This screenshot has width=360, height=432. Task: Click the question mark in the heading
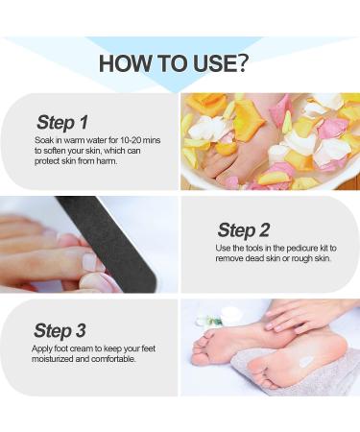tap(241, 63)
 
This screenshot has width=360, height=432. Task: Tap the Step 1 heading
tap(62, 123)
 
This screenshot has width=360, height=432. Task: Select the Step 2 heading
tap(244, 230)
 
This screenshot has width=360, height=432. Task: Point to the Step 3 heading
tap(60, 330)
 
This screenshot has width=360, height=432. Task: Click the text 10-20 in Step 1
tap(131, 140)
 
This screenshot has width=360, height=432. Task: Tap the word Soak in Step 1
tap(43, 140)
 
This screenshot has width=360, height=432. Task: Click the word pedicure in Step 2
tap(300, 248)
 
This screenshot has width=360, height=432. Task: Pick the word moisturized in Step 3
tap(53, 359)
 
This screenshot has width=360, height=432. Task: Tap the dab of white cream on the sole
tap(306, 361)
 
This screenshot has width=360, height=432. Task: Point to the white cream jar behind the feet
tap(232, 315)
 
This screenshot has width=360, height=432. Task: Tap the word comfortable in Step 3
tap(113, 359)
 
